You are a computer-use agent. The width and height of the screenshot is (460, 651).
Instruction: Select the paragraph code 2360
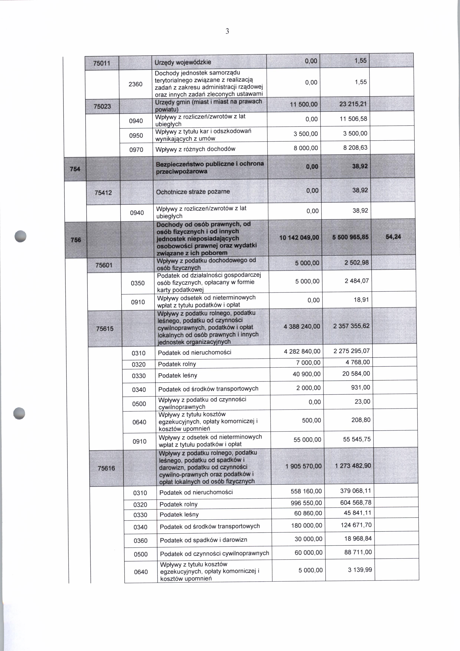tap(135, 84)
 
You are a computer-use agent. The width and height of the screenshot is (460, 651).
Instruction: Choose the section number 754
tap(75, 169)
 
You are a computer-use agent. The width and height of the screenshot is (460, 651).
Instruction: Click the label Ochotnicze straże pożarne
tap(193, 192)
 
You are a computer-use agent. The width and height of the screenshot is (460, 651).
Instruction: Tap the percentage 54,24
tap(393, 237)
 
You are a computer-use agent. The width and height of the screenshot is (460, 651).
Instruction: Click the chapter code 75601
tap(104, 265)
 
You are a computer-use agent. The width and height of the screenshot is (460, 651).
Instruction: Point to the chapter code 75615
tap(105, 329)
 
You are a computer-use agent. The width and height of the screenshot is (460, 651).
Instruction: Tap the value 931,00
tap(361, 387)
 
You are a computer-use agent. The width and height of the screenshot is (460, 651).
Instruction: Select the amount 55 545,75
tap(357, 439)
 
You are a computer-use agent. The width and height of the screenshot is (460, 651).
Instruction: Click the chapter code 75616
tap(106, 468)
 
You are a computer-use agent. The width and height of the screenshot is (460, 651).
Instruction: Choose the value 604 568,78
tap(356, 502)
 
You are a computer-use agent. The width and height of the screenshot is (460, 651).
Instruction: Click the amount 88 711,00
tap(358, 552)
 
